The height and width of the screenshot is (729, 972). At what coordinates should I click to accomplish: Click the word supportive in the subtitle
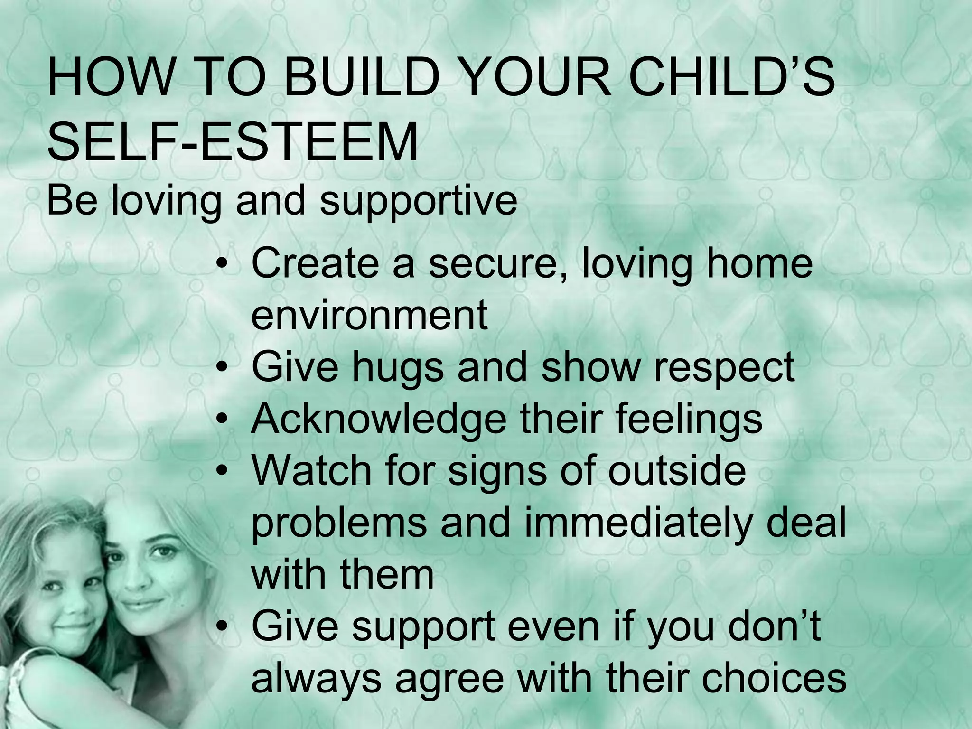click(x=418, y=202)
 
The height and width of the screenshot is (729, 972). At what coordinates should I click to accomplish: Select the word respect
click(x=724, y=368)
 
